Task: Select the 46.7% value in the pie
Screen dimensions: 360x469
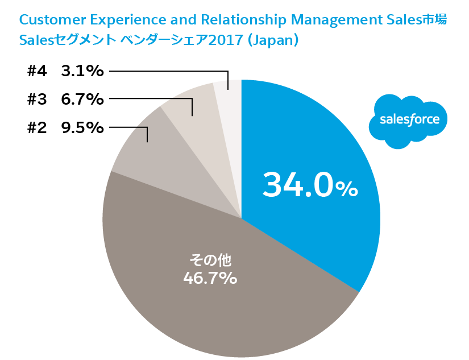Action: [210, 279]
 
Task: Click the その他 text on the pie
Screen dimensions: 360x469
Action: [210, 261]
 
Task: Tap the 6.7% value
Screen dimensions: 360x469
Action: [82, 99]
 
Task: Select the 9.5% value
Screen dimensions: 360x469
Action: [82, 127]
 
